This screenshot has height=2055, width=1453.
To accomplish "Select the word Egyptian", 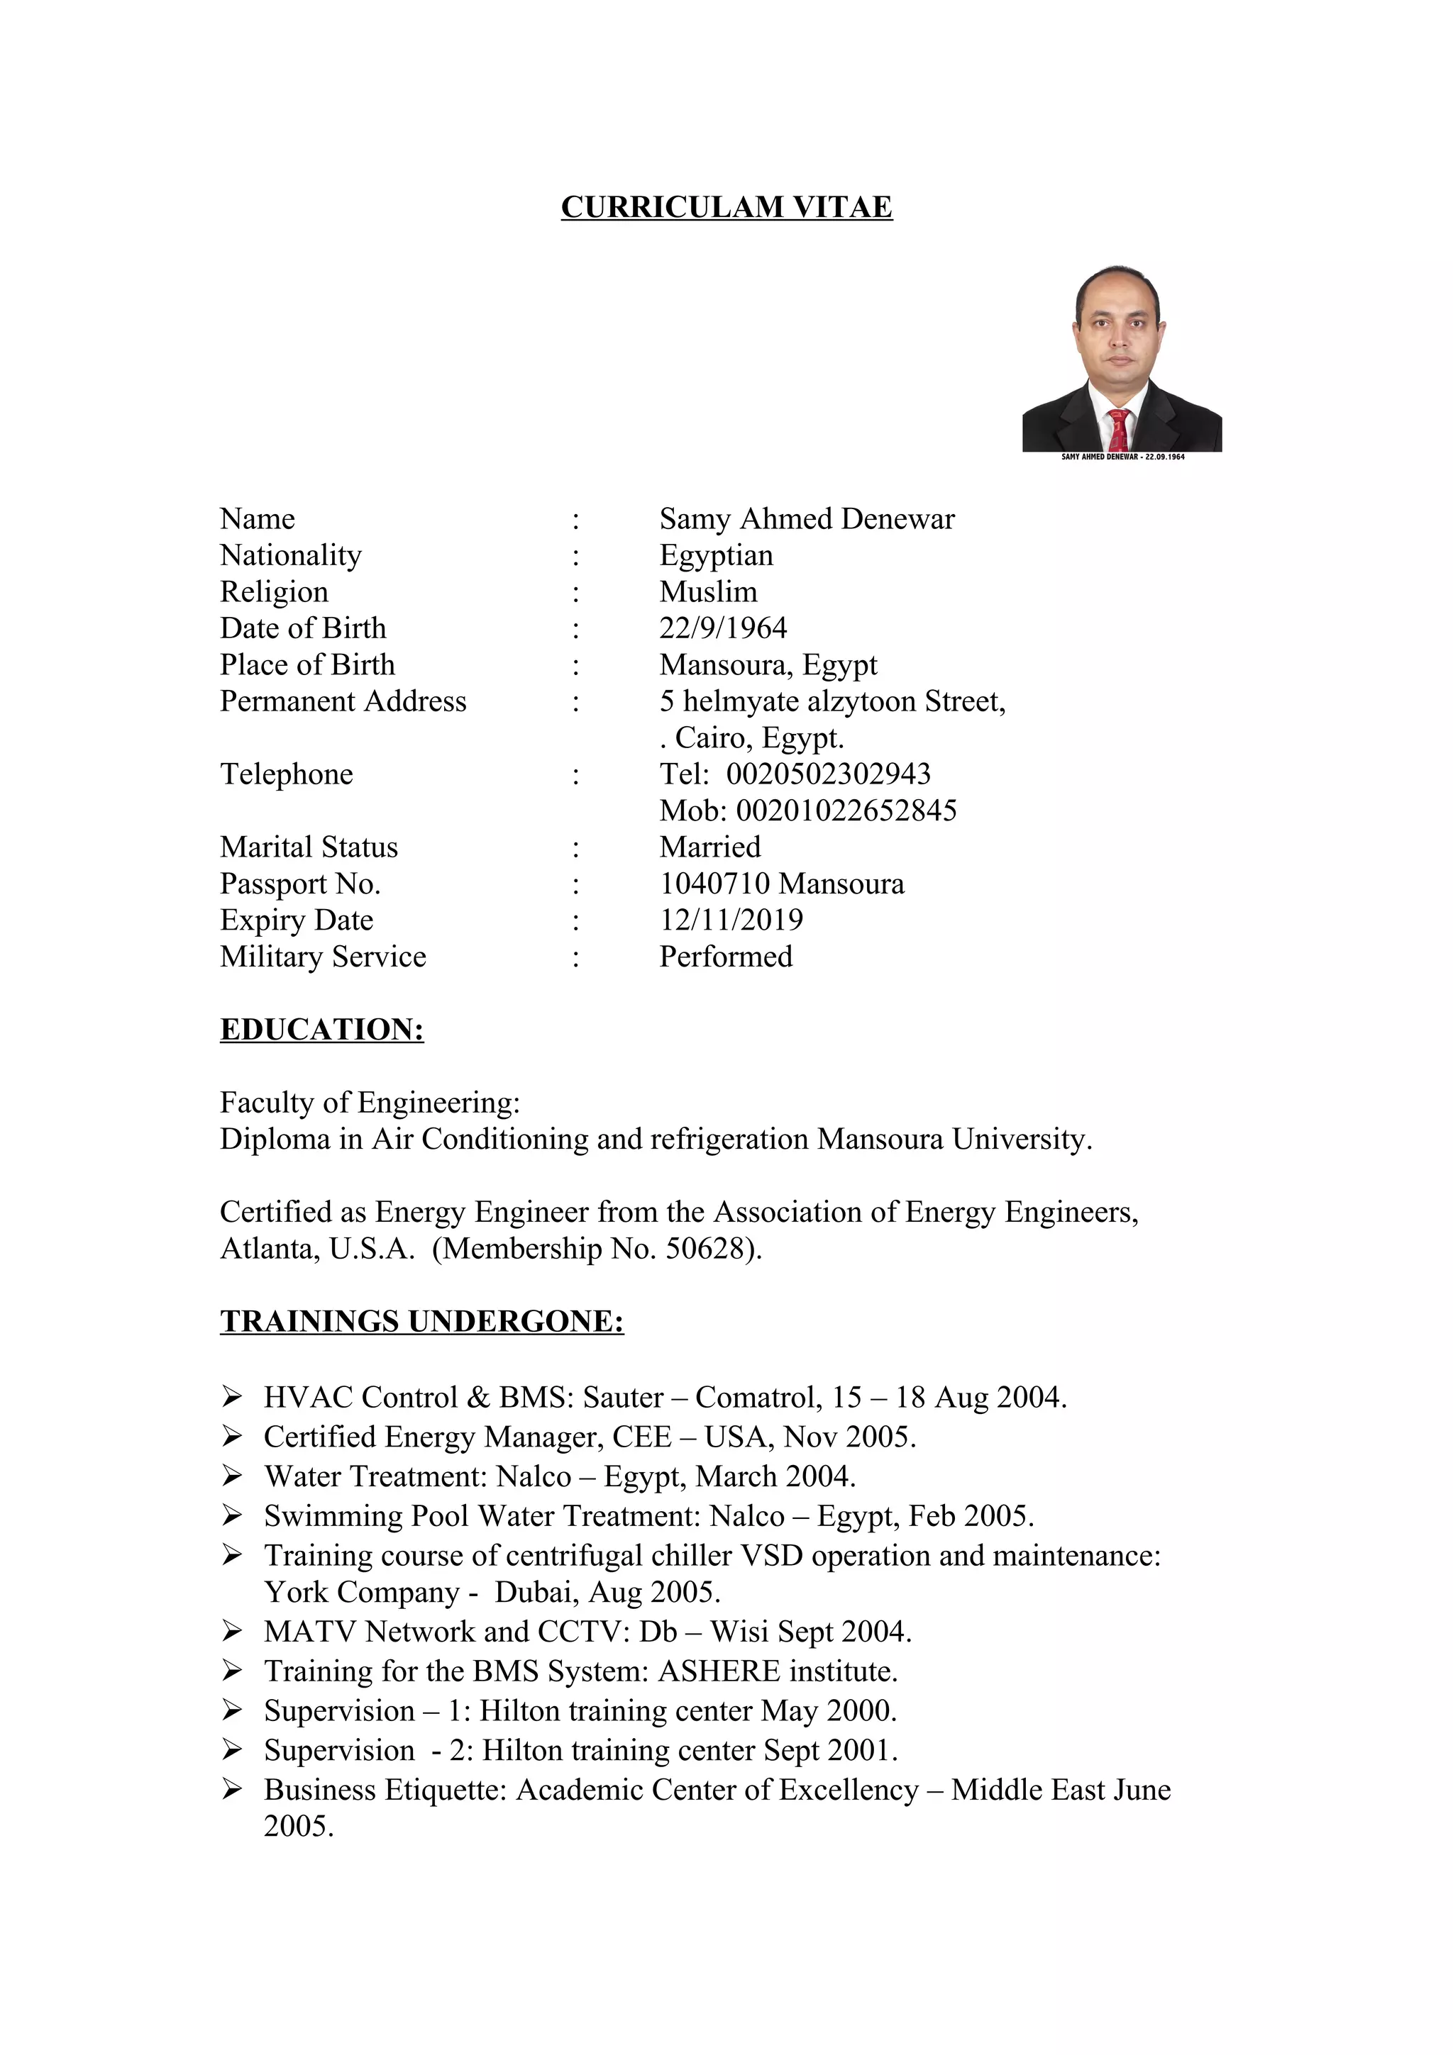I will [x=715, y=556].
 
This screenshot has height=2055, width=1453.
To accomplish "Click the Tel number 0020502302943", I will [x=828, y=774].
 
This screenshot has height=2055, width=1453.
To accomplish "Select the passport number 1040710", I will [x=714, y=884].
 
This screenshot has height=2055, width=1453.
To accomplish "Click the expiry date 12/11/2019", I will [x=731, y=920].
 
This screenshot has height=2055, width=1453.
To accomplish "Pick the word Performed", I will [x=725, y=957].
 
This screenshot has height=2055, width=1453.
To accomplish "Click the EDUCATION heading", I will [x=321, y=1030].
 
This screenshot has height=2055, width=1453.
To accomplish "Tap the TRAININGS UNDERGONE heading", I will [x=421, y=1322].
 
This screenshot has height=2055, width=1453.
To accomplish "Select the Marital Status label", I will [x=309, y=847].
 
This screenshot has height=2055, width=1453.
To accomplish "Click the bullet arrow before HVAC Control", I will [x=232, y=1397].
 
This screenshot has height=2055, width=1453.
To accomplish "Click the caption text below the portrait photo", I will [x=1122, y=457].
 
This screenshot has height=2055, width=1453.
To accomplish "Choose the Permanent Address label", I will [x=343, y=702].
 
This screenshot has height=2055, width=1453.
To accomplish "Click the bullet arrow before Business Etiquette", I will [x=232, y=1789].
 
